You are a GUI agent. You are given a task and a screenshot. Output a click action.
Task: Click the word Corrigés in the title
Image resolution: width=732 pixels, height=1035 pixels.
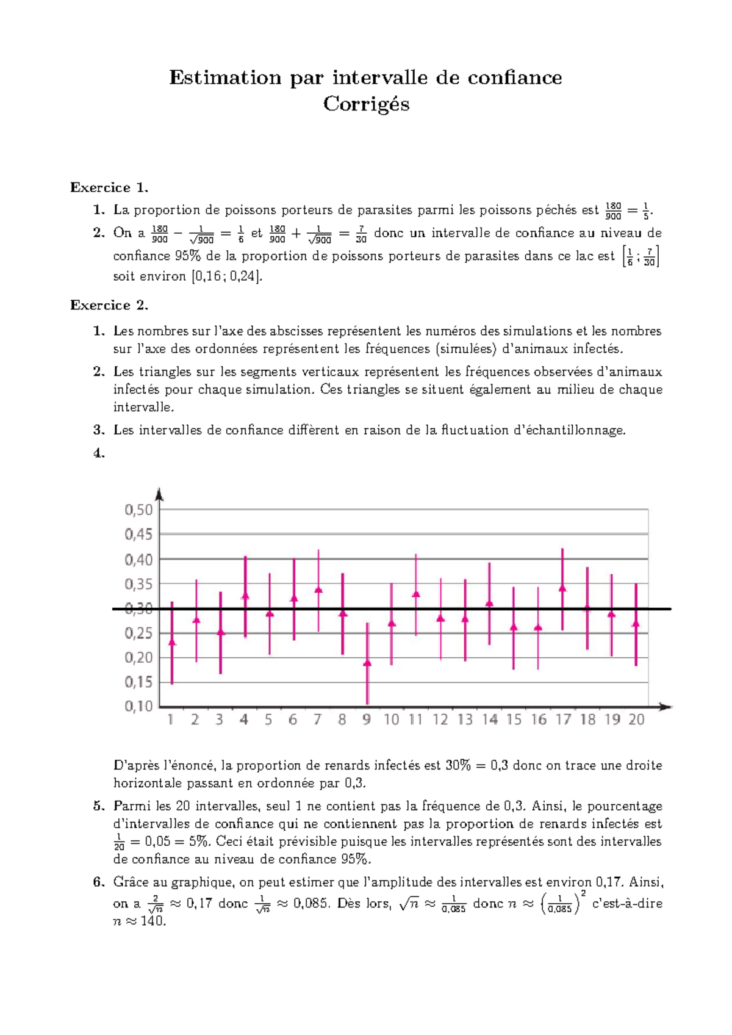366,104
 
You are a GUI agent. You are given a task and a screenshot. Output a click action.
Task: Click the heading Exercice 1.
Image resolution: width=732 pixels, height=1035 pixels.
109,187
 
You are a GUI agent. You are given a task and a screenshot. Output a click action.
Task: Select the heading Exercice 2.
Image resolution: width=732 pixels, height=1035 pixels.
109,305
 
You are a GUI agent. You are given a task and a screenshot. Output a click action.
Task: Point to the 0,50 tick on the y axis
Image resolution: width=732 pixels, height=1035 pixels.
138,510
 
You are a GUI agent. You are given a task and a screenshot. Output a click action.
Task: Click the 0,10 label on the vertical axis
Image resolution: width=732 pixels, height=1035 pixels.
138,706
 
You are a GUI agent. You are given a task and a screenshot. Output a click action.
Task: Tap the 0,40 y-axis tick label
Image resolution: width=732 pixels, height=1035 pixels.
138,559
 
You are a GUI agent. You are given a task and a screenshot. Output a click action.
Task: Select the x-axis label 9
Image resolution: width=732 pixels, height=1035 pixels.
366,720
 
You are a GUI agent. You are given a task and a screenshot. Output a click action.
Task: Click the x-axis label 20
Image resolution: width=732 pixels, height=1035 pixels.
636,720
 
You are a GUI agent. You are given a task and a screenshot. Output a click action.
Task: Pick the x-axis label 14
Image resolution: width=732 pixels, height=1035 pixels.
489,720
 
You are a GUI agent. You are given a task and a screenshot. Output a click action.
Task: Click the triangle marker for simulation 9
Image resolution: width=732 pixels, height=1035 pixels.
367,663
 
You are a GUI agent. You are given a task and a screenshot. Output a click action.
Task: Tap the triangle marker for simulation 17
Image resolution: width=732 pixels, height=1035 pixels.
562,588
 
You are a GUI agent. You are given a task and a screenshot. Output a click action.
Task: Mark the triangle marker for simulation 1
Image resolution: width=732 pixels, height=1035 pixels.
172,642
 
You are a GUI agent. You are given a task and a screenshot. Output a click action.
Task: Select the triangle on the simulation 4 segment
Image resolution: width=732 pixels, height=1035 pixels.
245,596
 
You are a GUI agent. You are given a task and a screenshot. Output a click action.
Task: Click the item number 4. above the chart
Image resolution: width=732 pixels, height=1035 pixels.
99,453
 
